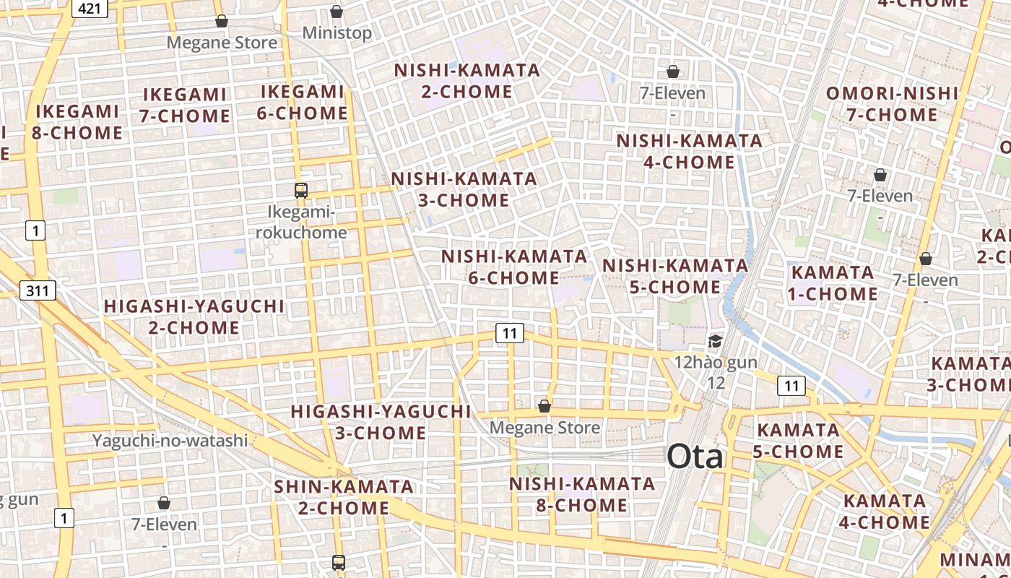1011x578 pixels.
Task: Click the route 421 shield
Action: coord(90,8)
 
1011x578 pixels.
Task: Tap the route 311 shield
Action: coord(38,291)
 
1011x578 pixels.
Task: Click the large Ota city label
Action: coord(694,457)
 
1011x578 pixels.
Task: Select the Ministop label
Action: coord(337,33)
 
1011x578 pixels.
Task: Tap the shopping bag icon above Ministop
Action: coord(337,12)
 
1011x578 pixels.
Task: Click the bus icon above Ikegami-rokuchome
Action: coord(301,191)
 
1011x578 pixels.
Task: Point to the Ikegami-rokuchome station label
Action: coord(301,223)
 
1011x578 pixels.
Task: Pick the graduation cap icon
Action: coord(715,341)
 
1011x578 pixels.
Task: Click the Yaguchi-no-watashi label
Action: coord(170,440)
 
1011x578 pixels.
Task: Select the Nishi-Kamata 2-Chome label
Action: coord(467,81)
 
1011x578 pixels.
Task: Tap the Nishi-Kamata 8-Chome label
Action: coord(582,494)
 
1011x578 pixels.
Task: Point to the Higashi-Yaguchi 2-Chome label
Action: coord(194,316)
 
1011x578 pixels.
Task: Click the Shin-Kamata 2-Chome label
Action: coord(344,497)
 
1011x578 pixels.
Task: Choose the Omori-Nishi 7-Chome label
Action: coord(892,104)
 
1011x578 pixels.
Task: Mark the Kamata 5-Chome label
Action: coord(799,441)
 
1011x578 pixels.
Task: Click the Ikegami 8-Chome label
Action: coord(77,122)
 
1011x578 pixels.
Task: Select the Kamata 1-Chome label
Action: coord(834,283)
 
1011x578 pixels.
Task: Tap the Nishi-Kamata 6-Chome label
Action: coord(514,267)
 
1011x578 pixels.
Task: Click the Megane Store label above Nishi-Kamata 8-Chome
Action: coord(544,428)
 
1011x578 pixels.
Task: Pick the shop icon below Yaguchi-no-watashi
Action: coord(164,503)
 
